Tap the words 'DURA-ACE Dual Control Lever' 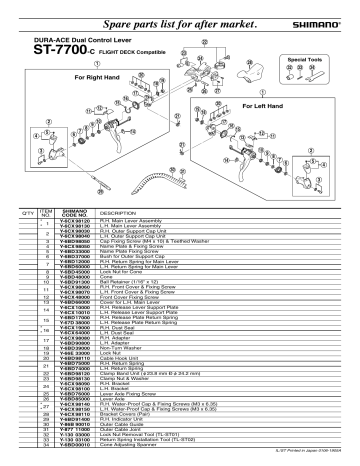63,35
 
